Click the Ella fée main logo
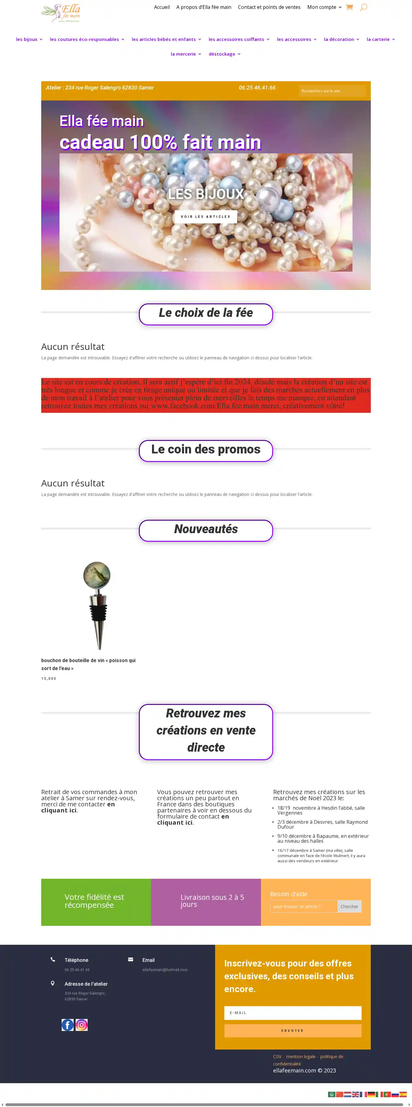[x=61, y=13]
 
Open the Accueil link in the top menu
[x=162, y=7]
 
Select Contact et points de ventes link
[x=269, y=7]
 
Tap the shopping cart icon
[x=349, y=7]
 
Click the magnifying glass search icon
[x=363, y=7]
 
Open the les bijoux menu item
[x=27, y=39]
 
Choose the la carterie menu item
[x=378, y=39]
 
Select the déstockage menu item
[x=222, y=54]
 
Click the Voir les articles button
[x=206, y=217]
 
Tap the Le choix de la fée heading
[x=206, y=313]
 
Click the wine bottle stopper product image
[x=97, y=605]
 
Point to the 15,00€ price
[x=49, y=679]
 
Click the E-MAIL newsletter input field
[x=293, y=1013]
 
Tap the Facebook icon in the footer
[x=67, y=1025]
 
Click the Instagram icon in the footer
[x=81, y=1025]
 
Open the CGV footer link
[x=277, y=1056]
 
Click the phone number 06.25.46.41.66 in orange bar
[x=257, y=88]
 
